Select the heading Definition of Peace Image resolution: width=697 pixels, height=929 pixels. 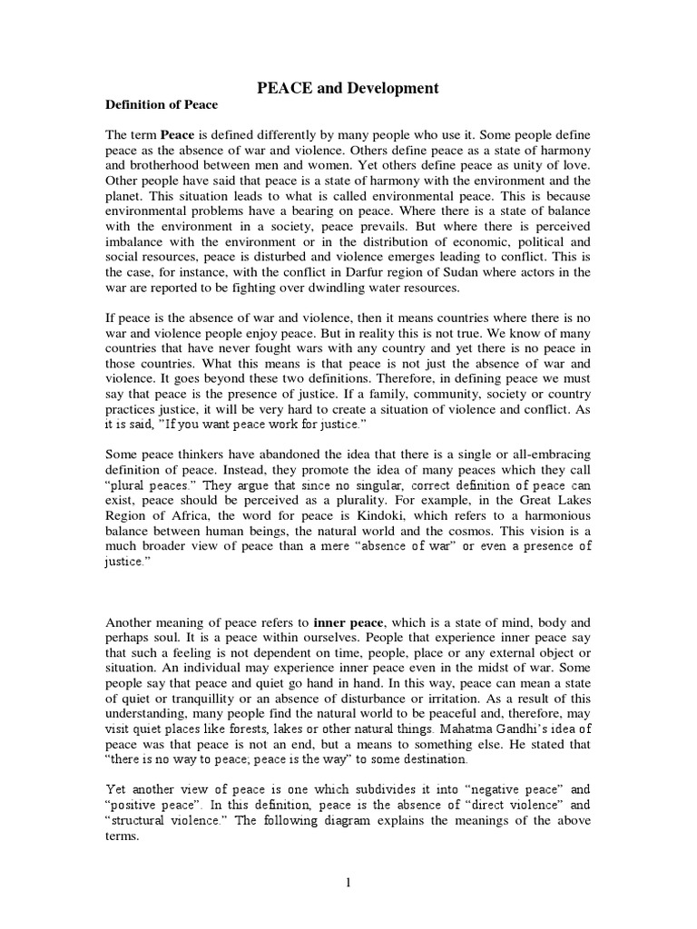(x=162, y=105)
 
